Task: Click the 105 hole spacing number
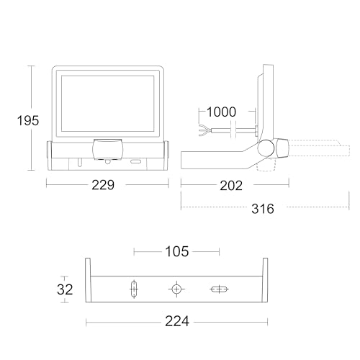176,251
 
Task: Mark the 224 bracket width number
176,321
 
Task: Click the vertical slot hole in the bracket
133,290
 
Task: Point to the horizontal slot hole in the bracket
219,289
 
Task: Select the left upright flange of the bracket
89,281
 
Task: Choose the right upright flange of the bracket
264,281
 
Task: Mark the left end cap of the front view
49,155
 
